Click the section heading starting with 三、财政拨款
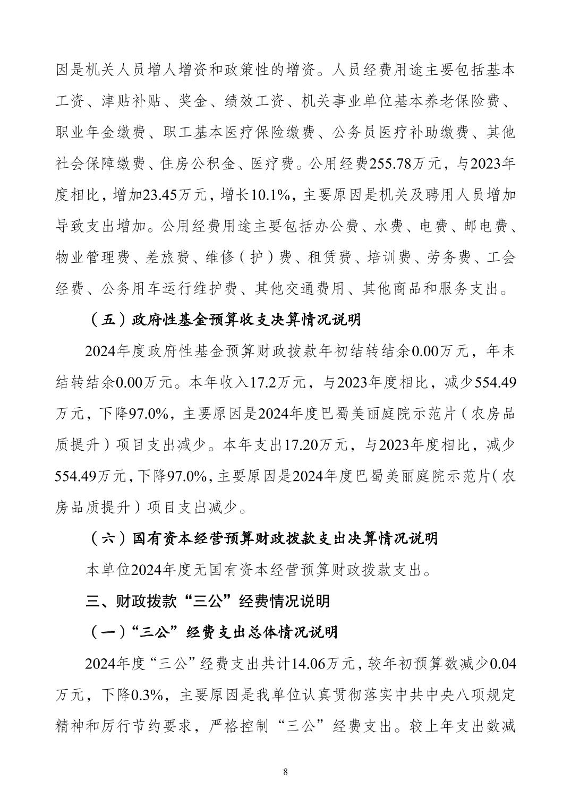208,601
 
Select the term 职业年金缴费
92,132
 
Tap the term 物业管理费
92,257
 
